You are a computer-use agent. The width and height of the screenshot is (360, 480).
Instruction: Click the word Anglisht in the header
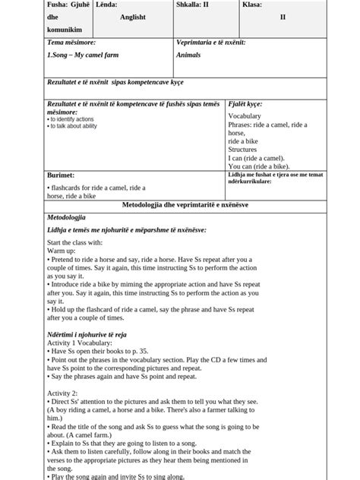132,17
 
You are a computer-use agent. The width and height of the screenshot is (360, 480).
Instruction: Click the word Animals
188,55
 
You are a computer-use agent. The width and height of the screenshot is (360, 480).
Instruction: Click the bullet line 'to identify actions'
71,119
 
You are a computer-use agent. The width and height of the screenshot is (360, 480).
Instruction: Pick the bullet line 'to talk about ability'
72,126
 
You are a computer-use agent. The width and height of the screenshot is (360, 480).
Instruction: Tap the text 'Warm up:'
62,250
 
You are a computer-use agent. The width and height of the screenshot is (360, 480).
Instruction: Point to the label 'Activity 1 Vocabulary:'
78,343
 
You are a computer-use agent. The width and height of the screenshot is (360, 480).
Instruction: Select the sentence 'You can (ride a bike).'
258,166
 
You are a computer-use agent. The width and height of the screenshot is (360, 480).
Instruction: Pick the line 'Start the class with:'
74,242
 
